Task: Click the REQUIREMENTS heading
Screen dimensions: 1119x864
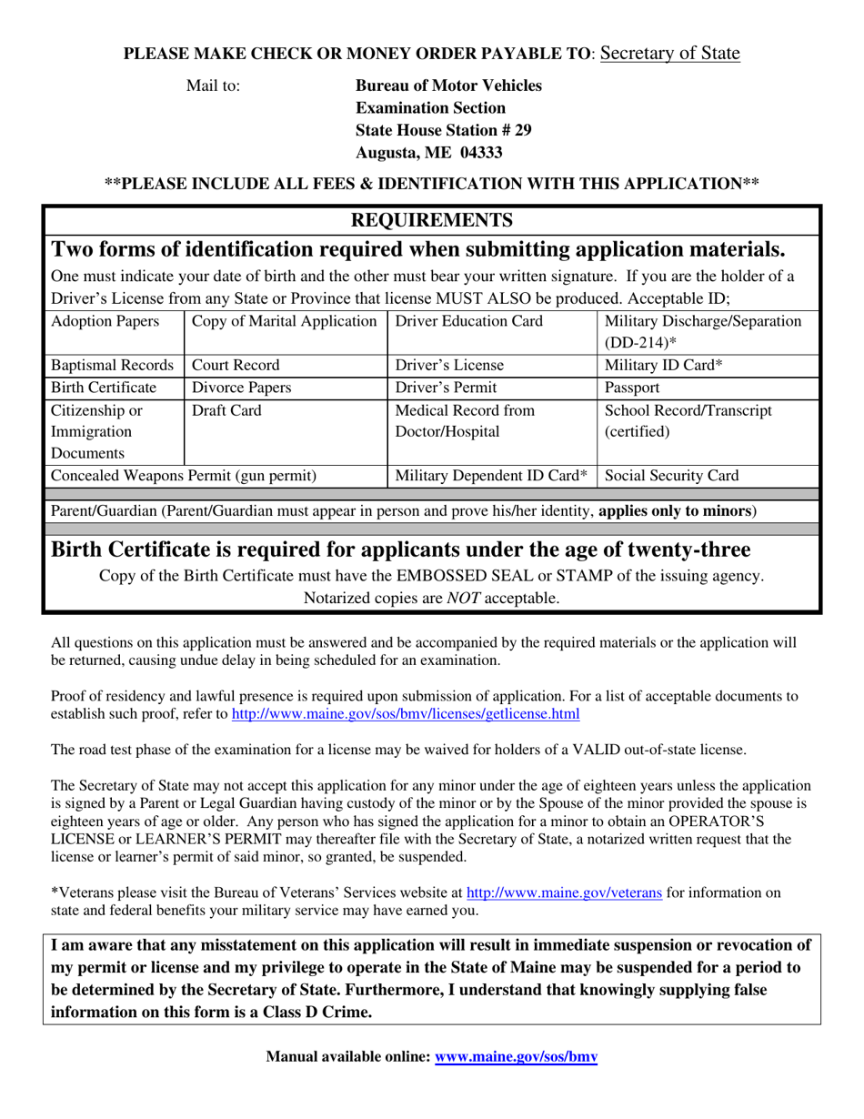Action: tap(432, 220)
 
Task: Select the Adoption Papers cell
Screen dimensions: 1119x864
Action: tap(105, 321)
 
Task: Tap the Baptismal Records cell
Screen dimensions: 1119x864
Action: tap(112, 366)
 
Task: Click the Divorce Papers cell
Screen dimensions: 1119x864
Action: tap(241, 388)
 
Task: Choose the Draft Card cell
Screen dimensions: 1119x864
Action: tap(226, 410)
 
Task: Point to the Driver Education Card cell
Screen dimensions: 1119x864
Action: tap(469, 321)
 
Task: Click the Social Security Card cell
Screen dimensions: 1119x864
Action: tap(671, 475)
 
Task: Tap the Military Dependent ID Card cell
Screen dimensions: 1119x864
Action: tap(491, 475)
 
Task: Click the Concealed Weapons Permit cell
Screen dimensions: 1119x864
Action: tap(184, 475)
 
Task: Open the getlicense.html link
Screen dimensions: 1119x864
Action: tap(406, 714)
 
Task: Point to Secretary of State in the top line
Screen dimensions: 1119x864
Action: tap(669, 54)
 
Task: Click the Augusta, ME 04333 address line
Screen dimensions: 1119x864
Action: tap(428, 153)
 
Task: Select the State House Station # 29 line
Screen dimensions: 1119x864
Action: tap(443, 130)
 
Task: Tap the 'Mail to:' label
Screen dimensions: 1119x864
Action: tap(213, 86)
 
